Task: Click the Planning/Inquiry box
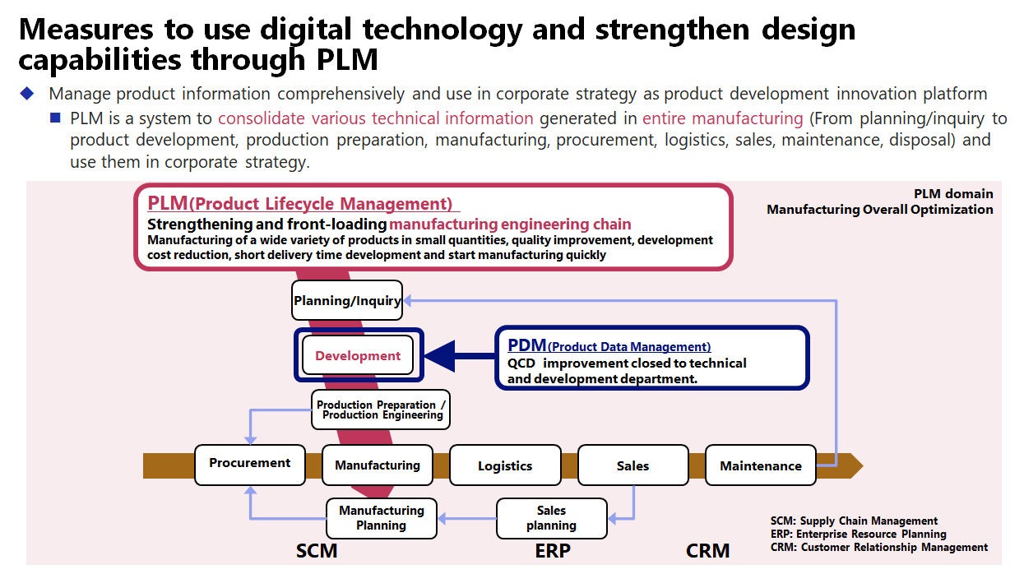[x=347, y=300]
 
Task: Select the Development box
[x=358, y=355]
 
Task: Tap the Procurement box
[x=249, y=465]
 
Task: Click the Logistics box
[x=505, y=465]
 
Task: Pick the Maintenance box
[x=761, y=465]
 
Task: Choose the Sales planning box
[x=552, y=518]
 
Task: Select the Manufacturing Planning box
[x=382, y=518]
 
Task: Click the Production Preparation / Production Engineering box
[x=381, y=410]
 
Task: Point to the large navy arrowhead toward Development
[x=440, y=356]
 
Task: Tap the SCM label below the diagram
[x=317, y=551]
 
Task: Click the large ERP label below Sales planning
[x=553, y=551]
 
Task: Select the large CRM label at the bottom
[x=707, y=551]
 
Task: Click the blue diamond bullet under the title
[x=27, y=93]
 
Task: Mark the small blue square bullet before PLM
[x=55, y=118]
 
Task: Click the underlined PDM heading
[x=609, y=345]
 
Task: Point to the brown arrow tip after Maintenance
[x=863, y=465]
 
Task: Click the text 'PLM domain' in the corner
[x=953, y=194]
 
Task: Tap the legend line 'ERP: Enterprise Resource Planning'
[x=858, y=534]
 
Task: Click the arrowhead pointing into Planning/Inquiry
[x=407, y=300]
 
